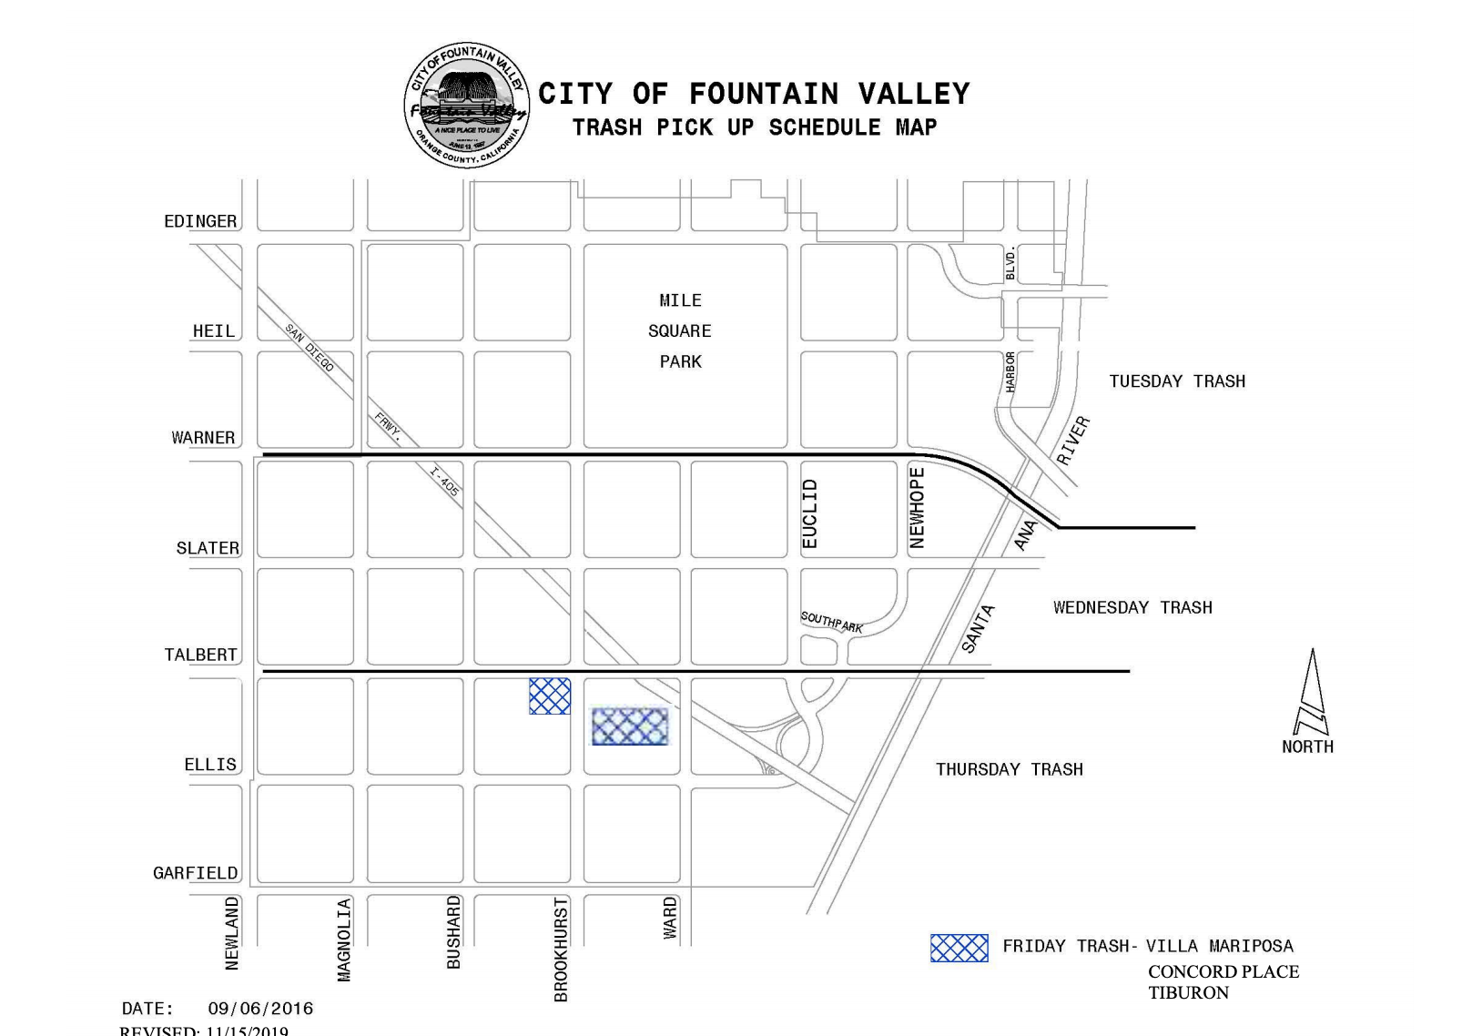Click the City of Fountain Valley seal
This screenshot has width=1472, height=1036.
[x=467, y=105]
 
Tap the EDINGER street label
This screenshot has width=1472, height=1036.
[x=200, y=221]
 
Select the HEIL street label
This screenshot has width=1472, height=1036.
[x=214, y=330]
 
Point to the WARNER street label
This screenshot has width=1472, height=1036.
[x=203, y=438]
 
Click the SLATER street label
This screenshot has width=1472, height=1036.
[x=208, y=548]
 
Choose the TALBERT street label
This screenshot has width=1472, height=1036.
[x=200, y=655]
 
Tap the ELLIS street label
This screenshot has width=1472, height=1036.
[x=210, y=765]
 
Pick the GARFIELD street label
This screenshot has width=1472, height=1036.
[x=195, y=873]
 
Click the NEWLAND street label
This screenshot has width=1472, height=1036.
[x=232, y=933]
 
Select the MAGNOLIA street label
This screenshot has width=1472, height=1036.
[x=344, y=940]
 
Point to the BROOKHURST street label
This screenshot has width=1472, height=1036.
[x=561, y=950]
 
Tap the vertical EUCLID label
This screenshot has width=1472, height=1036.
[x=810, y=514]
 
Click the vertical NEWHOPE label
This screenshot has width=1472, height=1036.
[x=918, y=508]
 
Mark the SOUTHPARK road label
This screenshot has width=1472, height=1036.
[x=832, y=623]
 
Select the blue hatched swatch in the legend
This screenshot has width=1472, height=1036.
[x=959, y=948]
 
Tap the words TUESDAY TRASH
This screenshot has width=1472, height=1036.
[x=1177, y=381]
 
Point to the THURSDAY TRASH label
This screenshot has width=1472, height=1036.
[x=1010, y=769]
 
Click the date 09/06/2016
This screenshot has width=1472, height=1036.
[x=260, y=1009]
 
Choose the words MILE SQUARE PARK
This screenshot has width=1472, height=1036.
[x=681, y=330]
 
